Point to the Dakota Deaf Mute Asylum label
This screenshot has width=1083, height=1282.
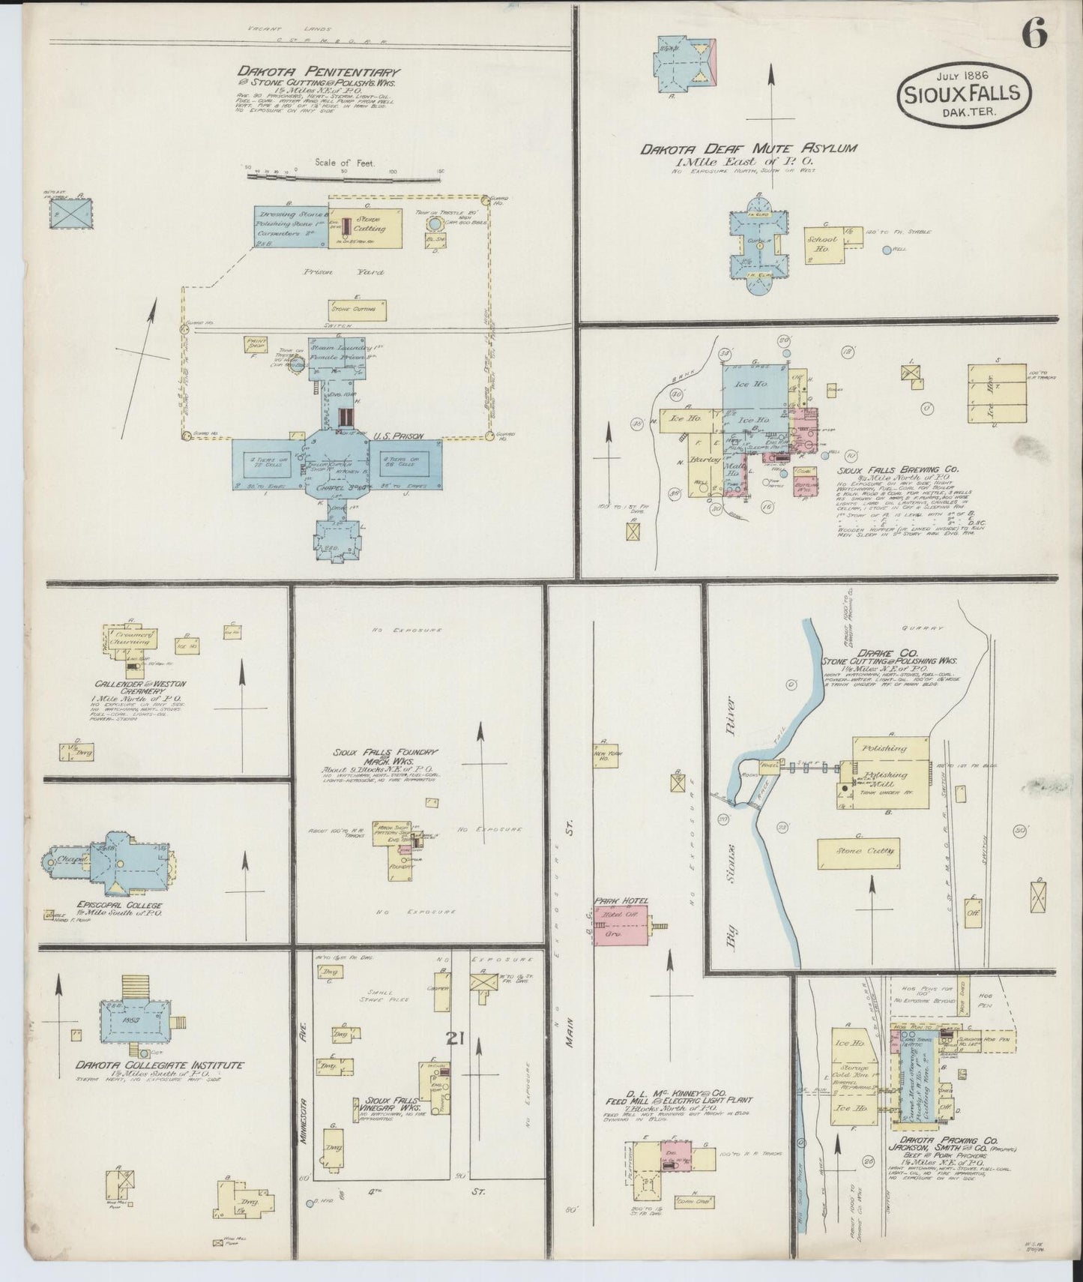[x=747, y=149]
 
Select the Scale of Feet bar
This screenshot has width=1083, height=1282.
[x=344, y=177]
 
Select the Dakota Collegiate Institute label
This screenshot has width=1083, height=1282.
[x=158, y=1065]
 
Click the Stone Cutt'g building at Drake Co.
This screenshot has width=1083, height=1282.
[x=857, y=853]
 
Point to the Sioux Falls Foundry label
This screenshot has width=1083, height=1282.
[x=386, y=753]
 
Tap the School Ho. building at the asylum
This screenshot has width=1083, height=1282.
[x=823, y=244]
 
